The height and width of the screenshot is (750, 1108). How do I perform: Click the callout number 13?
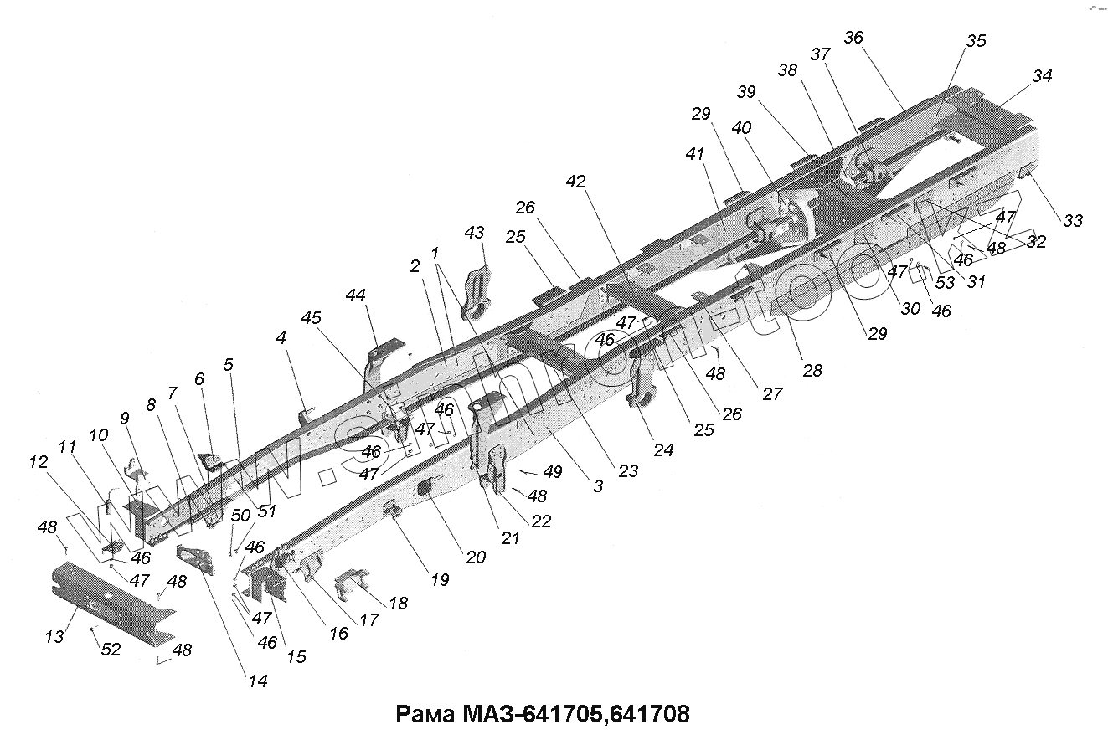point(54,637)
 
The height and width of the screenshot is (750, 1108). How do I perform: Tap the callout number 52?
point(111,650)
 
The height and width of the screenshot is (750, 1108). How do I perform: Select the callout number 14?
point(258,681)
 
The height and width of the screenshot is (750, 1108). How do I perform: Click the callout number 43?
point(475,232)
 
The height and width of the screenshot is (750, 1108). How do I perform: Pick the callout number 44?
point(356,295)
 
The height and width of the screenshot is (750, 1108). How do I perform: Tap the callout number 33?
point(1073,221)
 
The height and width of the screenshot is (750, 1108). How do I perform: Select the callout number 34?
point(1042,76)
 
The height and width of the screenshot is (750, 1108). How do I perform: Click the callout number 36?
point(853,38)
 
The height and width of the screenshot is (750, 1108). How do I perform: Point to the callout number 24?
point(663,449)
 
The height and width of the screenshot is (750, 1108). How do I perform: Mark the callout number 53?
point(945,282)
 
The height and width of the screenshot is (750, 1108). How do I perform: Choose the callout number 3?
point(596,485)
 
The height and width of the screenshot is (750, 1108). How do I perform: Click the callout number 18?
point(398,602)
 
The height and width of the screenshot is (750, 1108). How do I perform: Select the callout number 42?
point(575,181)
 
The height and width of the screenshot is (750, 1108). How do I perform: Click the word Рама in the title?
point(423,715)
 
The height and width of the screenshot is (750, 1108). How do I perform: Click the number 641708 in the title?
point(650,715)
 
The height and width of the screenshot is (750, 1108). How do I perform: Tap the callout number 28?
point(812,370)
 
